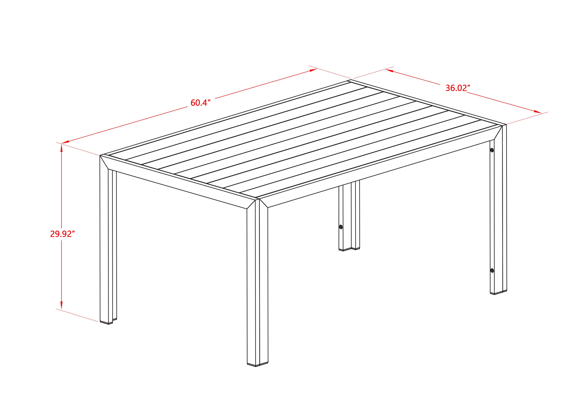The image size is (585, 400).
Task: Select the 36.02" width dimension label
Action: click(x=458, y=88)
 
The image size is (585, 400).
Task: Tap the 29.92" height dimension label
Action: click(x=63, y=234)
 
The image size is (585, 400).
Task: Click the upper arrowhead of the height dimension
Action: click(x=61, y=147)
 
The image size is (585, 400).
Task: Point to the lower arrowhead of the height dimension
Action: click(x=61, y=306)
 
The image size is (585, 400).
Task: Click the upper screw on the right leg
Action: click(x=492, y=150)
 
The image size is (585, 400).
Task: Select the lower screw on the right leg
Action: click(x=492, y=271)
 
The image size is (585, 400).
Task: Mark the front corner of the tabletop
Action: click(x=257, y=199)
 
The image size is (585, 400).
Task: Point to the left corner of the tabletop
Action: click(x=100, y=155)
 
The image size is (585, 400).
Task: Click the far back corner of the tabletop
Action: click(x=350, y=80)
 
